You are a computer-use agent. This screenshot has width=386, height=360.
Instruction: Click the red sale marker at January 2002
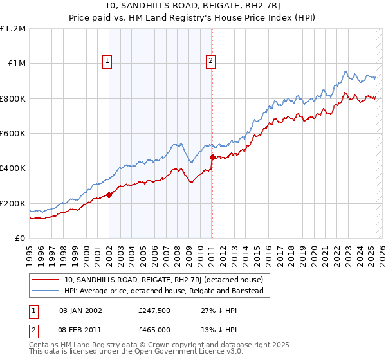pos(109,195)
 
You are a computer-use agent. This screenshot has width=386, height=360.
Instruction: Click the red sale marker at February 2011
pos(212,156)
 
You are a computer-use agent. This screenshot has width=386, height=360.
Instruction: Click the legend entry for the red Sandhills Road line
pos(163,280)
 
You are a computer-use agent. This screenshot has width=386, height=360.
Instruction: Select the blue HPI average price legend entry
pos(163,291)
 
